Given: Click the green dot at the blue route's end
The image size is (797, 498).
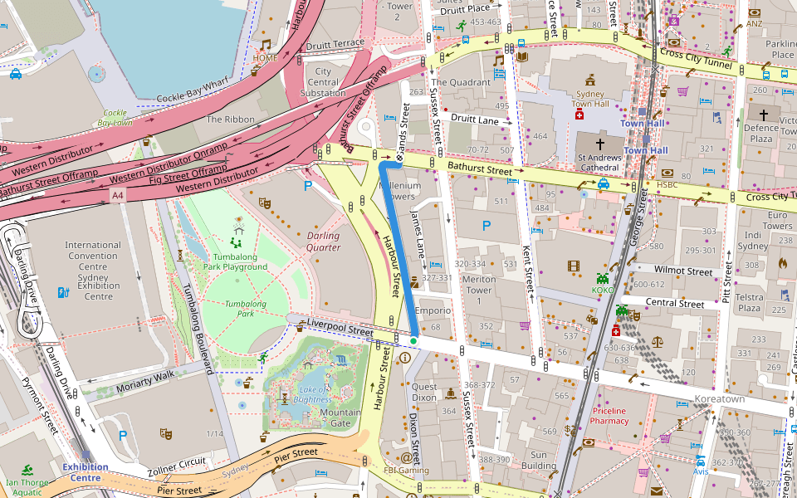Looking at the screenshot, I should click(x=413, y=340).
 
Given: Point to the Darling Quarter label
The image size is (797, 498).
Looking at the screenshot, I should click(x=323, y=242).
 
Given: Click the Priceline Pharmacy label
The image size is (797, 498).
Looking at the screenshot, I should click(x=619, y=416).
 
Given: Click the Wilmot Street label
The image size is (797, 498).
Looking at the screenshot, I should click(x=683, y=271).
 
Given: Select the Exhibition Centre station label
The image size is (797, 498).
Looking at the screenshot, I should click(x=85, y=472).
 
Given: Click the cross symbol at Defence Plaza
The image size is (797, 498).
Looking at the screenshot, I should click(x=762, y=114).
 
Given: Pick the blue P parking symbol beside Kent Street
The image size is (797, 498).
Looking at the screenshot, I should click(x=487, y=225).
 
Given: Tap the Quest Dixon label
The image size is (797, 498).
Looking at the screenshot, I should click(x=424, y=392).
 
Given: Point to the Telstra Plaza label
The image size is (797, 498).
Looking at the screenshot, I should click(x=750, y=303).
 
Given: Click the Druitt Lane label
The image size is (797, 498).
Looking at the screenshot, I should click(x=476, y=120).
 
